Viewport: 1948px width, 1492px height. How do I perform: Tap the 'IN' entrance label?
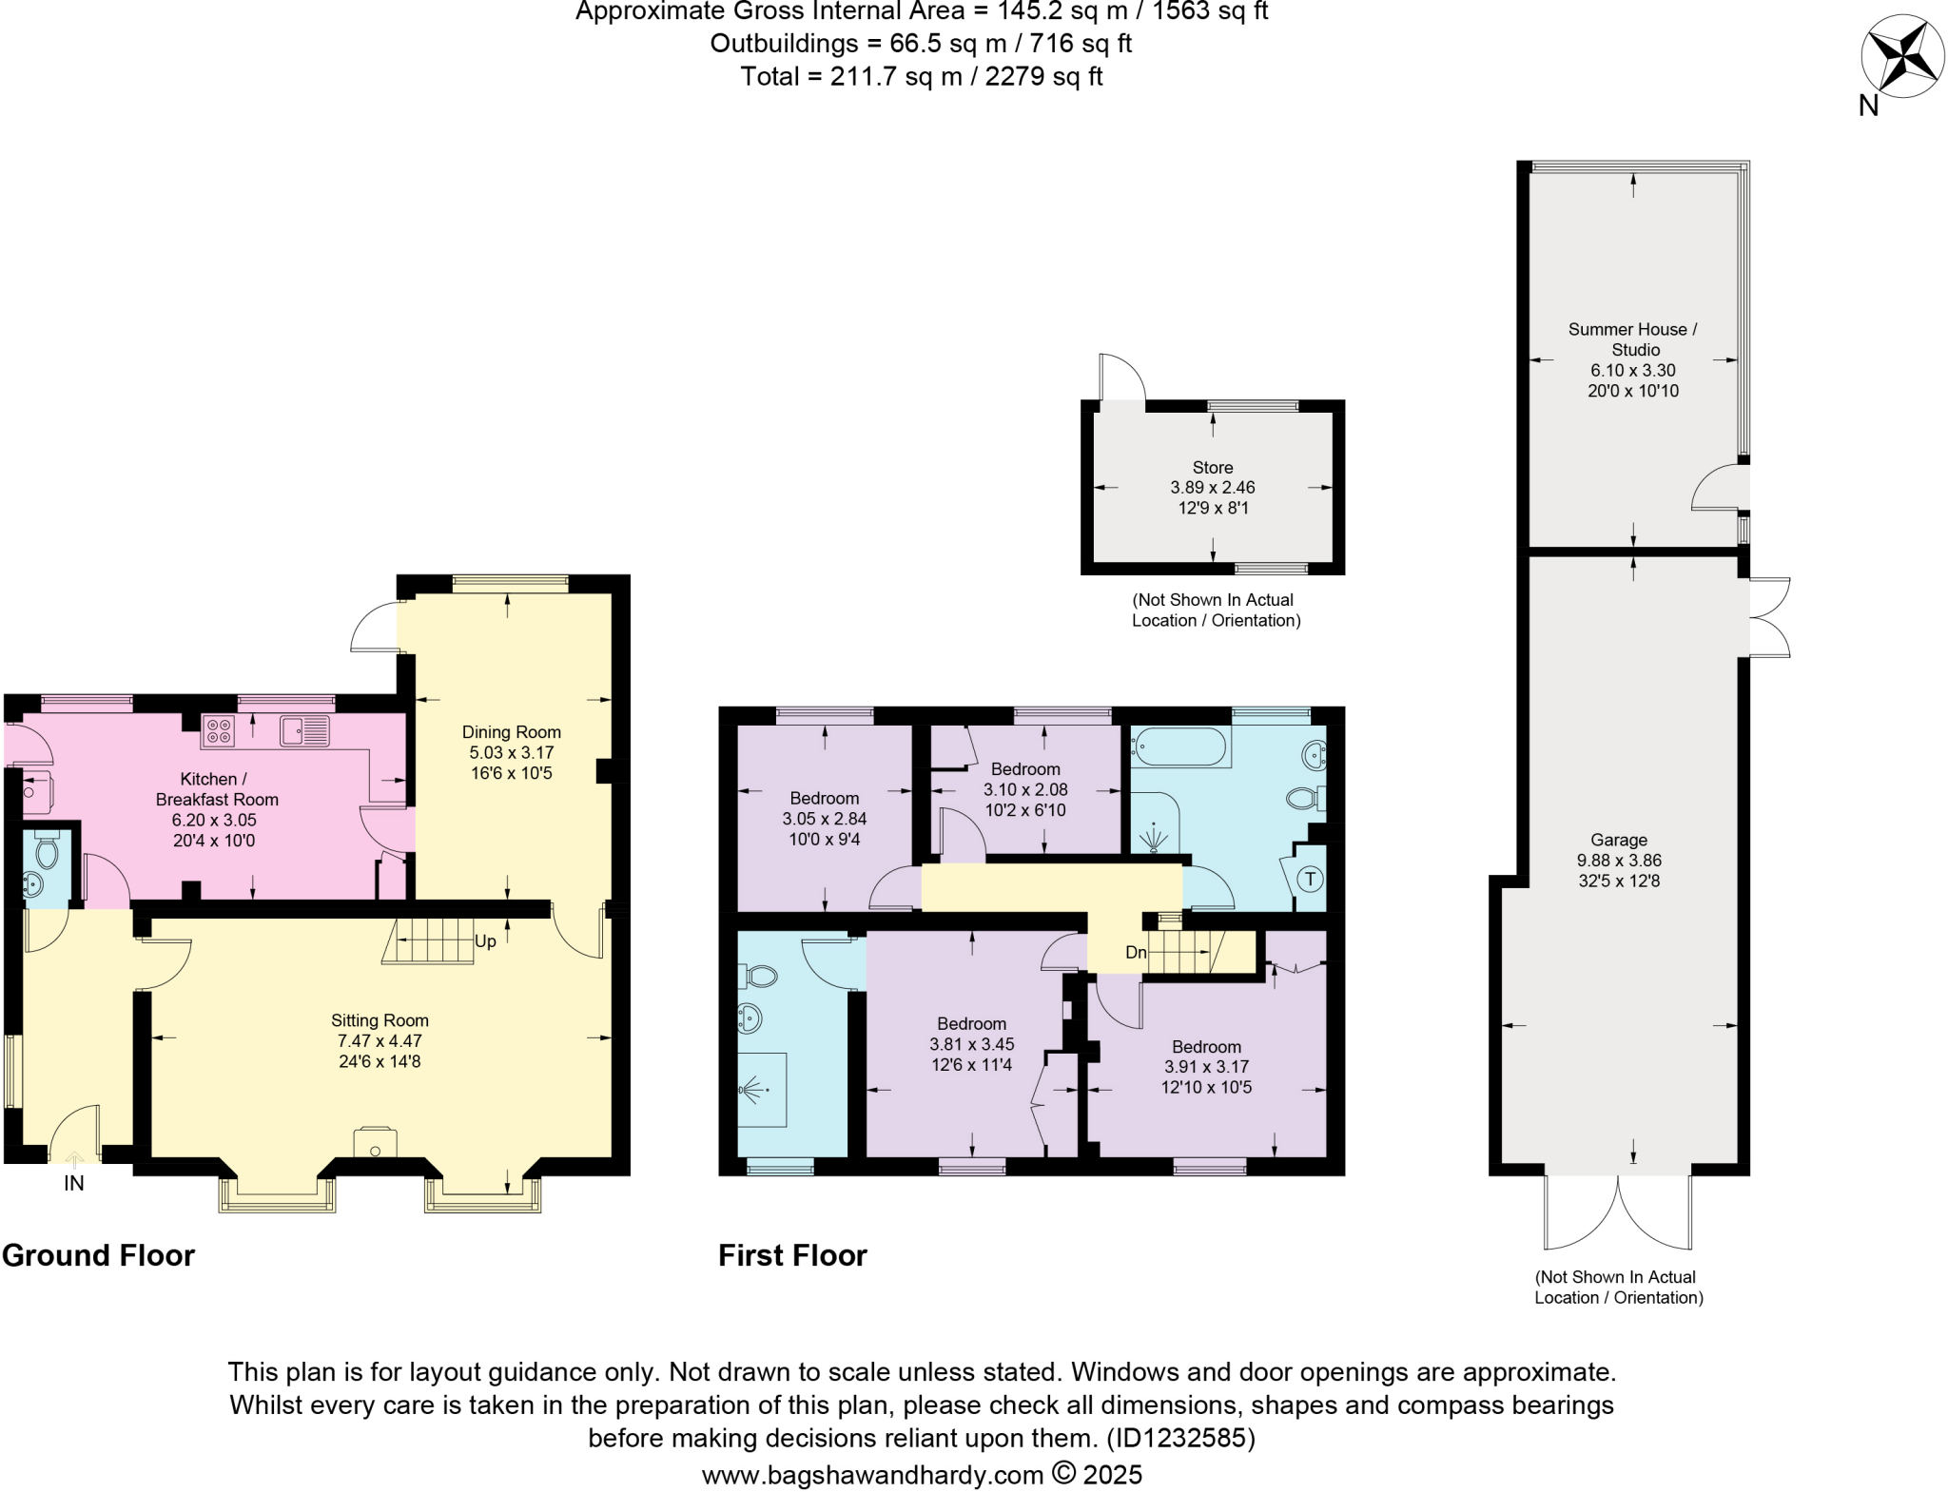74,1184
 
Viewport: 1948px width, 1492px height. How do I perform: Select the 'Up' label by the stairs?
485,941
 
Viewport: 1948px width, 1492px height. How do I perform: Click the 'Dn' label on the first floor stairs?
1136,952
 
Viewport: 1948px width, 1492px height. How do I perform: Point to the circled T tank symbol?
1310,879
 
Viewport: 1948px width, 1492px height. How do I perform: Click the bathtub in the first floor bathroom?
1179,747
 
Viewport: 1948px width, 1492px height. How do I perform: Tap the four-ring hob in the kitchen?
219,731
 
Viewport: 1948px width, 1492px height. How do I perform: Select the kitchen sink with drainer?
304,731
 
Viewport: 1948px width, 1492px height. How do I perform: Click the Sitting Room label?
380,1020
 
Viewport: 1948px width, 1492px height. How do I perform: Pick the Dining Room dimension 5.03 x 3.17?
511,752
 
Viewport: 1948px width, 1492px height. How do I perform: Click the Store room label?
1212,467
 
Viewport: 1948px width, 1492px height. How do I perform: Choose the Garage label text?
1618,840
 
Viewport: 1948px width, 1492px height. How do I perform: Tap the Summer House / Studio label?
1632,339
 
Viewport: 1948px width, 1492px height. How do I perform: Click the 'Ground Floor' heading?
98,1255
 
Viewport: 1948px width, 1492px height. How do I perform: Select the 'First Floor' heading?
792,1255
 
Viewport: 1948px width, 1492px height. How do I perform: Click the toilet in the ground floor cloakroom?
47,849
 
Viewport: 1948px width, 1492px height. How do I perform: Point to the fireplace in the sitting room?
375,1143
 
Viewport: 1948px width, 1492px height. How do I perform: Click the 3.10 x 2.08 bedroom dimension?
1024,789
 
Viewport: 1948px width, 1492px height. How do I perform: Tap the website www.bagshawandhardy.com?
872,1475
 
